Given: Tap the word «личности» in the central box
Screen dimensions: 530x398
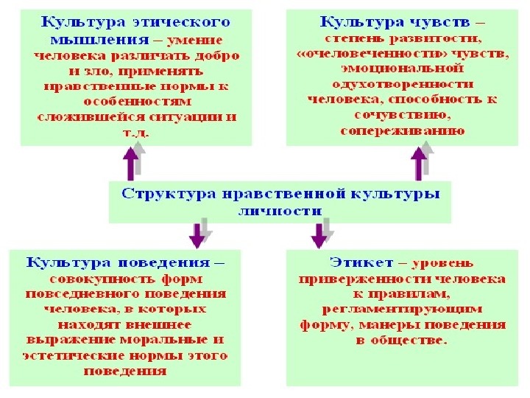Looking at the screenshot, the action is coord(280,210).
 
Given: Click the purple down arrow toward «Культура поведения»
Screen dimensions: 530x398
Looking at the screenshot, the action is coord(197,234).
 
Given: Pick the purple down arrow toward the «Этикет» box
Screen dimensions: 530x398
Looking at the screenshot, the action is coord(319,234).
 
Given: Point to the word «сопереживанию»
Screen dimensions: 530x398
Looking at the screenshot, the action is coord(402,130).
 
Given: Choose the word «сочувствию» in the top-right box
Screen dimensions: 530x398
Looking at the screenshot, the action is coord(402,114).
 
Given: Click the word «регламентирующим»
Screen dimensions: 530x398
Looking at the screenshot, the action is coord(402,309).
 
